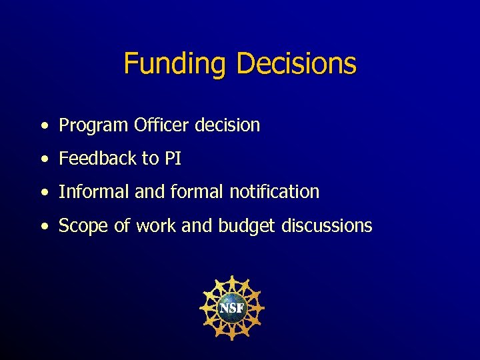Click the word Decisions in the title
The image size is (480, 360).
(x=296, y=65)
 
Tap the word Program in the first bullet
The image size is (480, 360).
(x=93, y=125)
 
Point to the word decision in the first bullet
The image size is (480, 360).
(x=228, y=125)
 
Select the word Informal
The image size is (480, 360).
(x=94, y=192)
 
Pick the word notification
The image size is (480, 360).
(x=274, y=192)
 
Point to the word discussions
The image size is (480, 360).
(x=327, y=226)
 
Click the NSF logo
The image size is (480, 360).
(x=232, y=308)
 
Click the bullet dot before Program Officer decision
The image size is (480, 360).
(x=44, y=125)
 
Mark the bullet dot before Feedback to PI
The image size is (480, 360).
(x=44, y=159)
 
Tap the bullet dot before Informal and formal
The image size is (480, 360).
(x=44, y=193)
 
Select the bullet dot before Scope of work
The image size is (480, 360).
(x=44, y=227)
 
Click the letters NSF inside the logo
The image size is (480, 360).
(x=232, y=309)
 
